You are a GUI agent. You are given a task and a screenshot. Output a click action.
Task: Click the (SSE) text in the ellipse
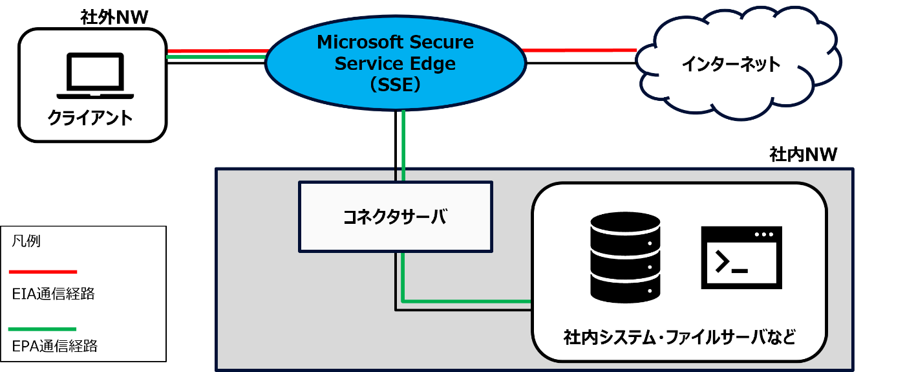pyautogui.click(x=395, y=85)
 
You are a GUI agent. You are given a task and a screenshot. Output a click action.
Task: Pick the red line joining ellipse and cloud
pyautogui.click(x=580, y=50)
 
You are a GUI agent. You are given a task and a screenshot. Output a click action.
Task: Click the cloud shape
pyautogui.click(x=737, y=61)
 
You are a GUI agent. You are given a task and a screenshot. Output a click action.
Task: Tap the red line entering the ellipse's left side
pyautogui.click(x=217, y=50)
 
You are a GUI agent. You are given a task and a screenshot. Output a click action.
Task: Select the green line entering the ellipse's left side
pyautogui.click(x=216, y=57)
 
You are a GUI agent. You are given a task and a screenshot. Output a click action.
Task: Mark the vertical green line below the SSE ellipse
pyautogui.click(x=403, y=145)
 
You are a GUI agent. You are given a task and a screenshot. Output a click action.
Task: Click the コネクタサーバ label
pyautogui.click(x=395, y=217)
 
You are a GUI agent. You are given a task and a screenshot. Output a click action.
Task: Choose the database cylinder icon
pyautogui.click(x=625, y=257)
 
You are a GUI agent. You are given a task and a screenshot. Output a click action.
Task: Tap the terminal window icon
pyautogui.click(x=741, y=257)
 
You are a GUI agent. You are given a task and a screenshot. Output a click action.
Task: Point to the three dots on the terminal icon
pyautogui.click(x=763, y=234)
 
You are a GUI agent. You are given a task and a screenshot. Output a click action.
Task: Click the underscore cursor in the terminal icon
pyautogui.click(x=740, y=270)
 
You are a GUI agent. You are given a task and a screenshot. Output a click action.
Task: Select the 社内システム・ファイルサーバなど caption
pyautogui.click(x=679, y=337)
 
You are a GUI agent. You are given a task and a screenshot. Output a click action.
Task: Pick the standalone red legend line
pyautogui.click(x=43, y=272)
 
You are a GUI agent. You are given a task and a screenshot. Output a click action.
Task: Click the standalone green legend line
pyautogui.click(x=43, y=329)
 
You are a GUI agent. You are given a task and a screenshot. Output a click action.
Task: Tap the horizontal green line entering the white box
pyautogui.click(x=465, y=301)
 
